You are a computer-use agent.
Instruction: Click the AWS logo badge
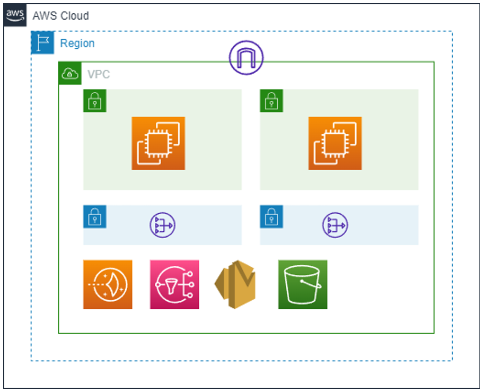(x=15, y=15)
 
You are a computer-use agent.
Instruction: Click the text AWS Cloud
(x=61, y=16)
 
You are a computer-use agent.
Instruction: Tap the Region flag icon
(x=42, y=43)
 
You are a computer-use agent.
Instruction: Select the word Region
(x=77, y=43)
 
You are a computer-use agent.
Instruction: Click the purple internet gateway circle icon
(x=246, y=58)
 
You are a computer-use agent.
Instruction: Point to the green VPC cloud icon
(x=70, y=74)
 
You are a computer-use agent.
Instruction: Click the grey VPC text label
(x=99, y=74)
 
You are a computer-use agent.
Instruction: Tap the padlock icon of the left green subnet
(x=95, y=100)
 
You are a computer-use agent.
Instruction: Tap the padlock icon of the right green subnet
(x=271, y=100)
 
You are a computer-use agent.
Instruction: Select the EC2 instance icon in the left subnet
(x=159, y=143)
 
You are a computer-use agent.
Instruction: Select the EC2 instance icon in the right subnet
(x=335, y=143)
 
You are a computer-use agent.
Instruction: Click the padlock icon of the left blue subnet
(x=95, y=216)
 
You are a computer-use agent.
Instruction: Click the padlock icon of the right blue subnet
(x=271, y=216)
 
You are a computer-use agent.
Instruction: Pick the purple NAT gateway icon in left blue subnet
(x=162, y=225)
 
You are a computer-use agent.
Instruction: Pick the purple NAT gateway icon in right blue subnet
(x=335, y=225)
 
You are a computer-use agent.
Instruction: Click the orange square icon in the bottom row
(x=108, y=284)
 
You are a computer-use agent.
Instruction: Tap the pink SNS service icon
(x=174, y=284)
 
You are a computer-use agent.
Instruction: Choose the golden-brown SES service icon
(x=235, y=284)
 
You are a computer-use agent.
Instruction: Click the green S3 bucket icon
(x=303, y=284)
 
